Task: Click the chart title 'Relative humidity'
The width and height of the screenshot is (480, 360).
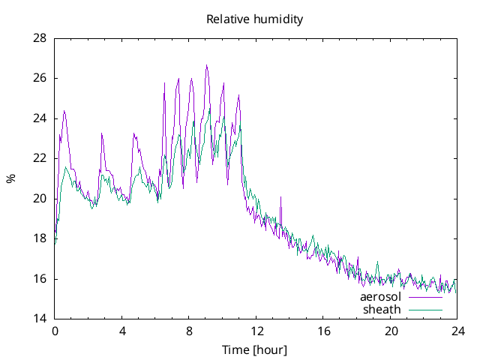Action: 254,19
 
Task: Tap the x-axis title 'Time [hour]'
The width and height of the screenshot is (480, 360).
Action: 254,349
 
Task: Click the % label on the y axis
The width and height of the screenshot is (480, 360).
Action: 10,178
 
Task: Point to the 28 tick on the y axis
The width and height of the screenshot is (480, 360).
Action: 40,38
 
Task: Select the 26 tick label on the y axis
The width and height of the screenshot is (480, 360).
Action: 40,78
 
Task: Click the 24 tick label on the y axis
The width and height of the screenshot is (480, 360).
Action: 40,118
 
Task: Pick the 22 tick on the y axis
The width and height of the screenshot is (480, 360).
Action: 40,158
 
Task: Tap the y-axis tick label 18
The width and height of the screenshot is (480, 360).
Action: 40,238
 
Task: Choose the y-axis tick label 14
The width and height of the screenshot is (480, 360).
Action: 40,319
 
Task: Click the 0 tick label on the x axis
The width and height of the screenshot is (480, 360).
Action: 55,331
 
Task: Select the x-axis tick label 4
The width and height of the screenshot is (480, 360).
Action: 122,331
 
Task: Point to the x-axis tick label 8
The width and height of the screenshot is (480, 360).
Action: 189,331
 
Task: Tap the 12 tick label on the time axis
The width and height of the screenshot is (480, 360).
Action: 256,331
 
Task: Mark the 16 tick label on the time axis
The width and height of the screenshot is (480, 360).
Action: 323,331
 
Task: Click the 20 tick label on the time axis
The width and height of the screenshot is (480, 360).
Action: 391,331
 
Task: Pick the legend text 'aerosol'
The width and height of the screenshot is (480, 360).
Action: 381,297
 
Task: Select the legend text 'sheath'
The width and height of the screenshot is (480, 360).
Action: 382,309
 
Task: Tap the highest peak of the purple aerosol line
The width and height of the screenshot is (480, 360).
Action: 206,65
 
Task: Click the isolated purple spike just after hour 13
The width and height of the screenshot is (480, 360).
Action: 280,197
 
